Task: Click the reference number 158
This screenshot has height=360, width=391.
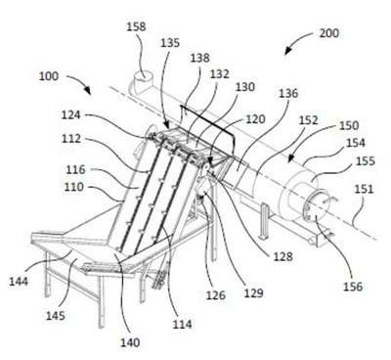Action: click(136, 26)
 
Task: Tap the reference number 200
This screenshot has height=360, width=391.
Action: click(328, 33)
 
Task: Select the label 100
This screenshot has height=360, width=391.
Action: click(49, 76)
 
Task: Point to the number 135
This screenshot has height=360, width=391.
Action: click(170, 43)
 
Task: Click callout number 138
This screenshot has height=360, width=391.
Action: click(199, 58)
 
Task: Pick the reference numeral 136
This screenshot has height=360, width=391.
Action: click(288, 93)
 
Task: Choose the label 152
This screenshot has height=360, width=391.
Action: click(308, 119)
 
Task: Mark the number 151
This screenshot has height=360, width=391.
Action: click(364, 189)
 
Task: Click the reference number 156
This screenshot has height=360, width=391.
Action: click(353, 287)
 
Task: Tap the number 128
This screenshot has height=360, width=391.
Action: click(282, 256)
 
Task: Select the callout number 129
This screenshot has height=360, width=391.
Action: click(253, 292)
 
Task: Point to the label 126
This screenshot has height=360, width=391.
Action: click(215, 295)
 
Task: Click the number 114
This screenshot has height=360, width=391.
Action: click(182, 324)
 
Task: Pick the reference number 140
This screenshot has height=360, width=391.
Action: click(130, 342)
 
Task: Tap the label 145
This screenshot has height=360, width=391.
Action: click(56, 315)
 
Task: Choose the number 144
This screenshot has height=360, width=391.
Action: click(19, 281)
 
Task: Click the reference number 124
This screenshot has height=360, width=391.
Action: click(71, 114)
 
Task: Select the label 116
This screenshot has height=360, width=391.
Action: click(75, 169)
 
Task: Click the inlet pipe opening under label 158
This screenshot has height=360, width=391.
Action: click(143, 77)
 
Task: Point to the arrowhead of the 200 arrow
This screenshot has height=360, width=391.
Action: click(286, 52)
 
